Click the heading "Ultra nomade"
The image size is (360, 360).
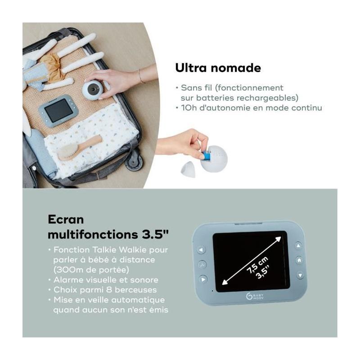click(218, 68)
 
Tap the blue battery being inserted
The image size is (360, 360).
click(206, 155)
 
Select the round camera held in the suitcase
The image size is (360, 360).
click(93, 89)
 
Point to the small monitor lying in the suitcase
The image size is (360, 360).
click(58, 111)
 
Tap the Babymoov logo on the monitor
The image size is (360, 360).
click(255, 297)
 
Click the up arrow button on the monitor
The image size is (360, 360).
click(298, 245)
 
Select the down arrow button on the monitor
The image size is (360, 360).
click(300, 275)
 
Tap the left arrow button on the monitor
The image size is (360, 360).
click(201, 250)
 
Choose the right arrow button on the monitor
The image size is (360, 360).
click(203, 279)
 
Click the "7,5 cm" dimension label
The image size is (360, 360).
click(257, 265)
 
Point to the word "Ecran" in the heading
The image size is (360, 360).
click(66, 220)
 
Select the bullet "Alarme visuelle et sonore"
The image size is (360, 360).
click(106, 279)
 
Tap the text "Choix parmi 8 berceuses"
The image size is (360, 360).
click(105, 290)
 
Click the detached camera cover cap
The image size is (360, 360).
click(188, 169)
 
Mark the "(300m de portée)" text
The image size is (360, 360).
click(91, 270)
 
